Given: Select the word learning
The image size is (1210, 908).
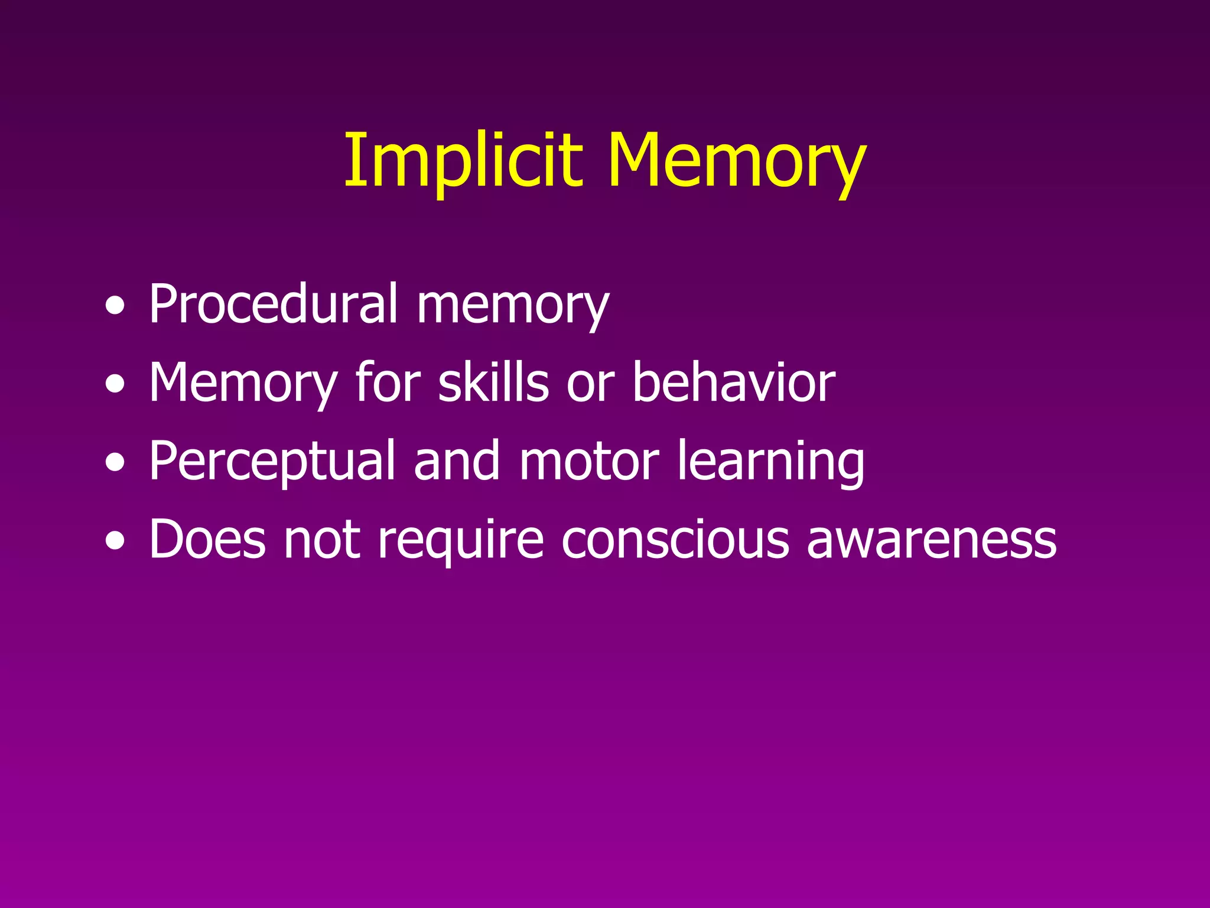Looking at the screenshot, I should pos(770,462).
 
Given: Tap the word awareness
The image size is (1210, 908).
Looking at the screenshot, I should pos(932,540).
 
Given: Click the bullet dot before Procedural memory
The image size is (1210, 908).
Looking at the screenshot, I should pos(115,307).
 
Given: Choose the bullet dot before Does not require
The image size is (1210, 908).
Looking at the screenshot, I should pos(115,542).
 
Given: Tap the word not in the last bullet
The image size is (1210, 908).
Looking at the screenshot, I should pos(322,540).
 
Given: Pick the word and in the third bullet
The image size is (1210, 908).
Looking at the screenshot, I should pos(457,461).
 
